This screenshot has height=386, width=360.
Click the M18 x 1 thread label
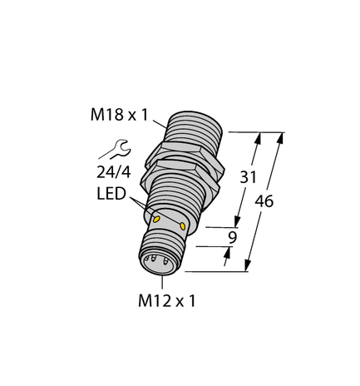pos(120,115)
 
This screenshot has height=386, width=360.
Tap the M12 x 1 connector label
pos(167,300)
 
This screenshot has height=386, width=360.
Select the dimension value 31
pos(248,177)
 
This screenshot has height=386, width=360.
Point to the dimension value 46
pos(264,201)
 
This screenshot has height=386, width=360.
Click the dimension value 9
pos(233,237)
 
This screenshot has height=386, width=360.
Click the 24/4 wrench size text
pos(114,173)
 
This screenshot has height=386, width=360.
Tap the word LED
pos(111,194)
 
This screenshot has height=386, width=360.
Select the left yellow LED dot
pos(156,220)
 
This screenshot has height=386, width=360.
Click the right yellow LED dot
pos(182,226)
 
